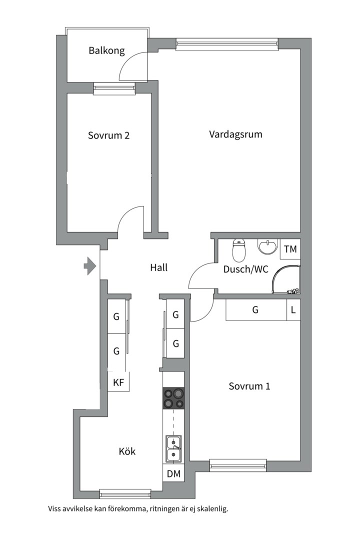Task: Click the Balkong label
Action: pyautogui.click(x=106, y=51)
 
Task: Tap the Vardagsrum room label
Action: pyautogui.click(x=235, y=134)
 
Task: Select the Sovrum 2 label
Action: pyautogui.click(x=108, y=135)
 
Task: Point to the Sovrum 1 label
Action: pyautogui.click(x=249, y=386)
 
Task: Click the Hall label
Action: pyautogui.click(x=159, y=267)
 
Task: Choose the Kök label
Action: pyautogui.click(x=127, y=451)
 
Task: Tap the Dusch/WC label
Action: pyautogui.click(x=245, y=269)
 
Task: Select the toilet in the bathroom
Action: pyautogui.click(x=239, y=250)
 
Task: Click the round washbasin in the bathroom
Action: pyautogui.click(x=267, y=247)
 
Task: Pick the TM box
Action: pyautogui.click(x=290, y=248)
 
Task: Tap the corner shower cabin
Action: pyautogui.click(x=286, y=279)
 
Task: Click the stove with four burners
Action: pyautogui.click(x=173, y=398)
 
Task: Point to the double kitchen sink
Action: pyautogui.click(x=173, y=448)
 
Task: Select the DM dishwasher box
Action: pyautogui.click(x=173, y=474)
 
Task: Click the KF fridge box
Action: pyautogui.click(x=118, y=382)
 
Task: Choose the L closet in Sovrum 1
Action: pyautogui.click(x=293, y=310)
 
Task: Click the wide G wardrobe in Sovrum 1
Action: pyautogui.click(x=256, y=310)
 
